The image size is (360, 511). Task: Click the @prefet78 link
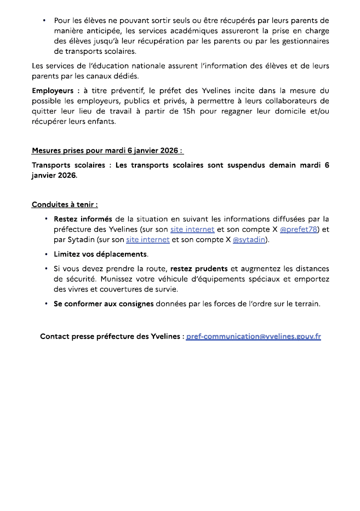click(299, 229)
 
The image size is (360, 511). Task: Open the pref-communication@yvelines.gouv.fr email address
click(253, 336)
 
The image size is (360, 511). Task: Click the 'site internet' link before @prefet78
click(192, 229)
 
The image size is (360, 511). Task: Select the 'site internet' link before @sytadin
click(147, 239)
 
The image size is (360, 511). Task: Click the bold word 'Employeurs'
click(54, 90)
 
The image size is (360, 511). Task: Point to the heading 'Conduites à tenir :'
click(65, 205)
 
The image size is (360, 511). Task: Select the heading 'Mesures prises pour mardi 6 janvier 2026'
click(107, 150)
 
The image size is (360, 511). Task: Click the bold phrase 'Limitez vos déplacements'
click(100, 254)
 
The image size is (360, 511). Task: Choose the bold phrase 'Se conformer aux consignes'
click(104, 304)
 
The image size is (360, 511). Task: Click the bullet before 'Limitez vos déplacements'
click(46, 254)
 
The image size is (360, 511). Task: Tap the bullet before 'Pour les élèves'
click(43, 20)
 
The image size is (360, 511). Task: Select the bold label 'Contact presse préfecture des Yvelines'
click(111, 336)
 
